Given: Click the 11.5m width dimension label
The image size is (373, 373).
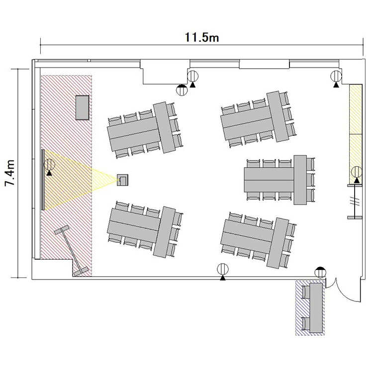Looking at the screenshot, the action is [202, 37].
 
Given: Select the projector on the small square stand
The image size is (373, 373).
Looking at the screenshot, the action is [122, 180].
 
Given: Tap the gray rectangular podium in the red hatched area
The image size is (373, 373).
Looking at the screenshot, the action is [83, 107].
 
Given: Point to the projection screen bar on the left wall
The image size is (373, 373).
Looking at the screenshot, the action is [43, 180].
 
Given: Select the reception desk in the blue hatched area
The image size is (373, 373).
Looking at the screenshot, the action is [316, 308].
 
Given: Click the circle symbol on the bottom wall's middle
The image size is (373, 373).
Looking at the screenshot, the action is [223, 269].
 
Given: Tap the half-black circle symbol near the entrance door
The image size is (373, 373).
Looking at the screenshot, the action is [320, 273].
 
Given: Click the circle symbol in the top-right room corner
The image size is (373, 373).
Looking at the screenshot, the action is [336, 77].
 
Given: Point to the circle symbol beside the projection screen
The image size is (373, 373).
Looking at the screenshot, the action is [49, 164].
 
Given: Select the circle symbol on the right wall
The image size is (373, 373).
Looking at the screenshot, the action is [357, 172].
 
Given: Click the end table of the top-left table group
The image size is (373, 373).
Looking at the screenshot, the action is [164, 127].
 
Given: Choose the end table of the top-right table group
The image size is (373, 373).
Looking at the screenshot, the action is [278, 116].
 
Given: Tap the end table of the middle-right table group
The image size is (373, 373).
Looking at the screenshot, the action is [300, 180].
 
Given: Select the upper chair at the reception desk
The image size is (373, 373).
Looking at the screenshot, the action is [306, 292].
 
